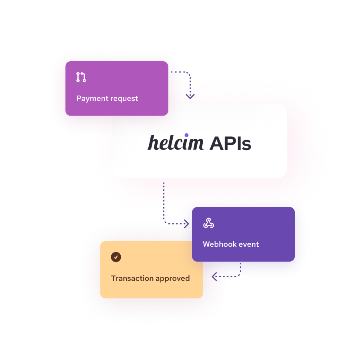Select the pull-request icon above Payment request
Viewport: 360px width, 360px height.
click(x=81, y=77)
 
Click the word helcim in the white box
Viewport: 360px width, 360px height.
click(x=176, y=143)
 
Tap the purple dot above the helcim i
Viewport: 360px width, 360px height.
click(x=187, y=135)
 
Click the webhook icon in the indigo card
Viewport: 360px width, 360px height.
click(x=208, y=224)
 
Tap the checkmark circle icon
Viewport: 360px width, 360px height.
click(x=116, y=257)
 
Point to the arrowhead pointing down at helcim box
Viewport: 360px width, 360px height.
click(x=190, y=96)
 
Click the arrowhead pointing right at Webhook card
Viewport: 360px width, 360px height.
click(x=186, y=224)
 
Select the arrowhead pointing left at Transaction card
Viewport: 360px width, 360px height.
click(x=214, y=276)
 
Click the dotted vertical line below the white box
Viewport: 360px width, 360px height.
click(x=164, y=200)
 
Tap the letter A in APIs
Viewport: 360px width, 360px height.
click(x=216, y=143)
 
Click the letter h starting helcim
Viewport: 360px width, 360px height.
click(x=152, y=143)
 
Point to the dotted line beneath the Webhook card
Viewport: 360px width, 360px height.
click(x=240, y=269)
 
